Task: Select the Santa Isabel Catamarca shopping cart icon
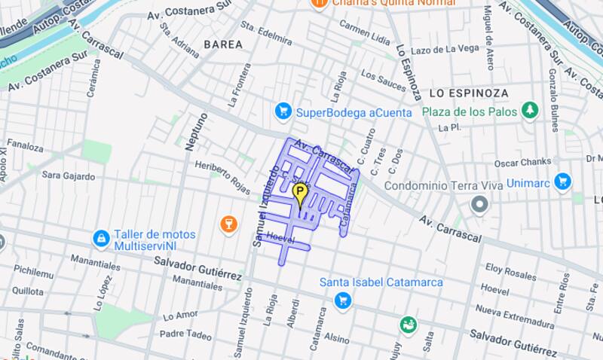tap(343, 301)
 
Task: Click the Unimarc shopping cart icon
tap(562, 182)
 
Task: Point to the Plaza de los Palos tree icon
tap(530, 111)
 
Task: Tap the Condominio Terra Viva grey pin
tap(479, 204)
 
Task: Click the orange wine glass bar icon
tap(228, 224)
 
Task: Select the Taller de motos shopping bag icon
tap(101, 239)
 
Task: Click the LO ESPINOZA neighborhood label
tap(469, 93)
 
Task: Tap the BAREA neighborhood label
tap(223, 44)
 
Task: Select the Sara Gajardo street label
tap(69, 176)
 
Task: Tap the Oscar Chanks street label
tap(523, 163)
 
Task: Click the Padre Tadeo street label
tap(185, 334)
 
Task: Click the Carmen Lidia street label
tap(365, 31)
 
